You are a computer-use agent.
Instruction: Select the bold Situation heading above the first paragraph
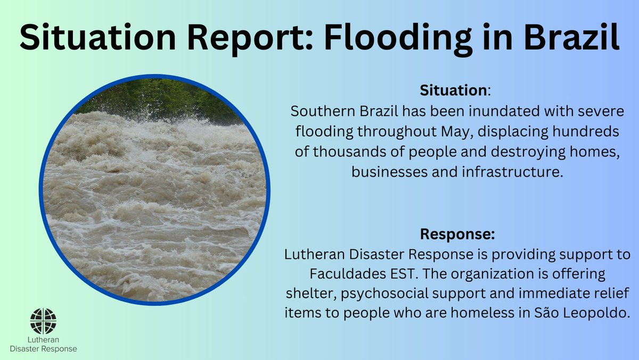(453, 90)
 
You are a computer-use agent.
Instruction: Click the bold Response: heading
(457, 234)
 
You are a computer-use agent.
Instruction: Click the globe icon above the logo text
(43, 321)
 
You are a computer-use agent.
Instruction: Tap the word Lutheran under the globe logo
(43, 339)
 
